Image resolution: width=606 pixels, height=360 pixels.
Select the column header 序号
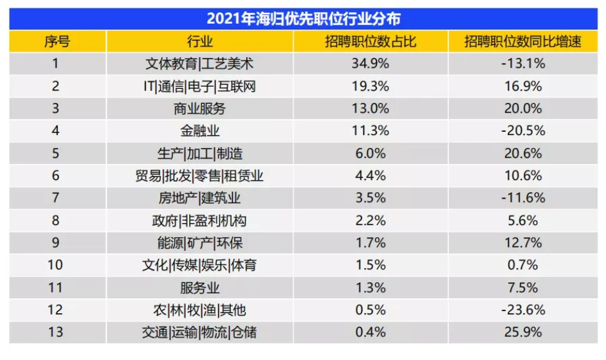tap(57, 42)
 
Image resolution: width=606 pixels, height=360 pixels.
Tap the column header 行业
tap(199, 42)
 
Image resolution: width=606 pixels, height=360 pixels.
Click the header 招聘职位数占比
tap(370, 42)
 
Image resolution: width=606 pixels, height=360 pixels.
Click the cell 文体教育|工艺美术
tap(199, 64)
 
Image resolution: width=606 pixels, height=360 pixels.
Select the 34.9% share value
tap(370, 64)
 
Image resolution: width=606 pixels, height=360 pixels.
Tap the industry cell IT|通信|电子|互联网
tap(199, 86)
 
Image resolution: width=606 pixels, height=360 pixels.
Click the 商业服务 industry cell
tap(199, 109)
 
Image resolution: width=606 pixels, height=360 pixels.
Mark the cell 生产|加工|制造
tap(199, 154)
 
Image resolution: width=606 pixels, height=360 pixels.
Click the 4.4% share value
tap(370, 175)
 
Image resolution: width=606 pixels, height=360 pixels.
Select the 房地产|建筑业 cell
tap(199, 198)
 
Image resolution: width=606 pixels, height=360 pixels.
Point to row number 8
tap(56, 221)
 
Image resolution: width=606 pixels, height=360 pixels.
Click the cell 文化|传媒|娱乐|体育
tap(199, 265)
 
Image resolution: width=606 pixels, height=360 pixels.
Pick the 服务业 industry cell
tap(199, 287)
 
